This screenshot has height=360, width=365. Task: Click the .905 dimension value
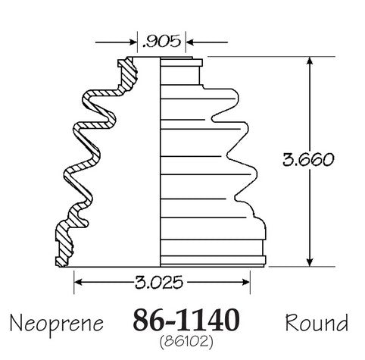(x=161, y=42)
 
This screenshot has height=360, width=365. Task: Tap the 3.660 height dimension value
(x=308, y=159)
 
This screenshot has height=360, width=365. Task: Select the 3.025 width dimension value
(x=159, y=282)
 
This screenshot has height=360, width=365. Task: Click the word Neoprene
(x=57, y=324)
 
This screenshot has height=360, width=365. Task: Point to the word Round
(x=317, y=323)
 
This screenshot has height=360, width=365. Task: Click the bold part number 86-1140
(x=186, y=320)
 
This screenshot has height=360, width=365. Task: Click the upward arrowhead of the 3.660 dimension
(x=310, y=61)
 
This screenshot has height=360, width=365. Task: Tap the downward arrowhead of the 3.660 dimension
(x=310, y=262)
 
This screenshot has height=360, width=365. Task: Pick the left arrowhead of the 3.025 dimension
(x=78, y=282)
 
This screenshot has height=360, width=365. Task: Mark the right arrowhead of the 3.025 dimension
(x=245, y=282)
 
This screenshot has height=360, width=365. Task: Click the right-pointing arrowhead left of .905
(x=133, y=42)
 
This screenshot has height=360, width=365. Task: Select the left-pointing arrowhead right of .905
(x=190, y=42)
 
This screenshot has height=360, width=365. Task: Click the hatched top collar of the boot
(x=127, y=74)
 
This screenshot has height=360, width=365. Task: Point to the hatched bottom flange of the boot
(x=64, y=243)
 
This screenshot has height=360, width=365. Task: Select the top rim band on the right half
(x=181, y=63)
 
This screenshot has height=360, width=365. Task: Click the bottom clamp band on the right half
(x=213, y=260)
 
